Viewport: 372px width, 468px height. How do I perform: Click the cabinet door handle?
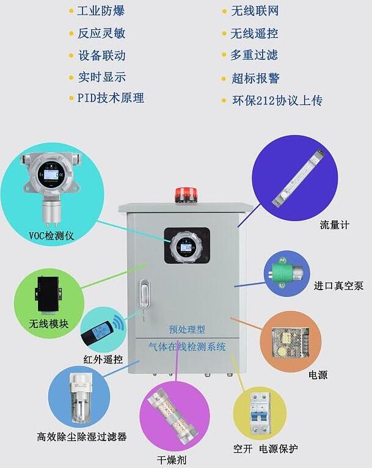point(144,294)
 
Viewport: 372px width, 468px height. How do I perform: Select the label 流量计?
point(335,225)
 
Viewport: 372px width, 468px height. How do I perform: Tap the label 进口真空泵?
point(338,285)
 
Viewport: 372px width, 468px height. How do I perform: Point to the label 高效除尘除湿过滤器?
point(81,437)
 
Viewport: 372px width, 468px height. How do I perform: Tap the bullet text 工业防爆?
point(101,11)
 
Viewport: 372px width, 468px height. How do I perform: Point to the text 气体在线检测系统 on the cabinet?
point(187,347)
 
